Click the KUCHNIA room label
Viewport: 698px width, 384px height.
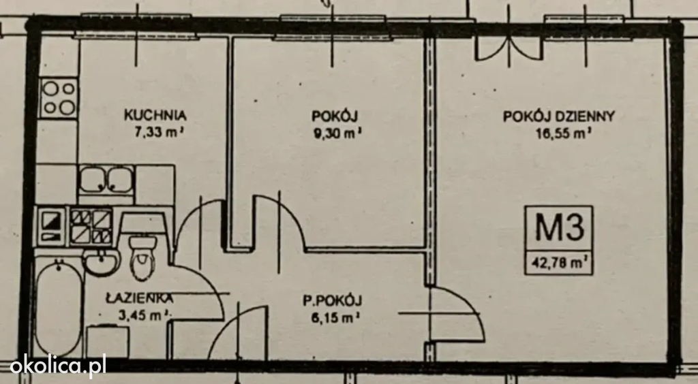click(155, 115)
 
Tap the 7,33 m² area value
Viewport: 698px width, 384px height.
click(159, 132)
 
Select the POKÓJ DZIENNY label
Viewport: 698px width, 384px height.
click(559, 116)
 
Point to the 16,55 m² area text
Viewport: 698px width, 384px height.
click(564, 133)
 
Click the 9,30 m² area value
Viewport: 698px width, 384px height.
click(337, 133)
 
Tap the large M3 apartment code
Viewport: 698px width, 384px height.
click(559, 227)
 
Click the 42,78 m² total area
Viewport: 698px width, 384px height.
click(560, 263)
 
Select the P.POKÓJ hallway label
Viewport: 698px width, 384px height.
click(333, 301)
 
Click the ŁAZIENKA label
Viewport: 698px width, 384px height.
click(140, 298)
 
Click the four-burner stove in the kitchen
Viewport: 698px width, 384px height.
click(59, 98)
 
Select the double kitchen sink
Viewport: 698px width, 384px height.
click(106, 179)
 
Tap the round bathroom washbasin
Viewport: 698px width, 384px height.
click(101, 262)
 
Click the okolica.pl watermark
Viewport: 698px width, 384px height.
click(58, 366)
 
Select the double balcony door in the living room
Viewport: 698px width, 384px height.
click(509, 48)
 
